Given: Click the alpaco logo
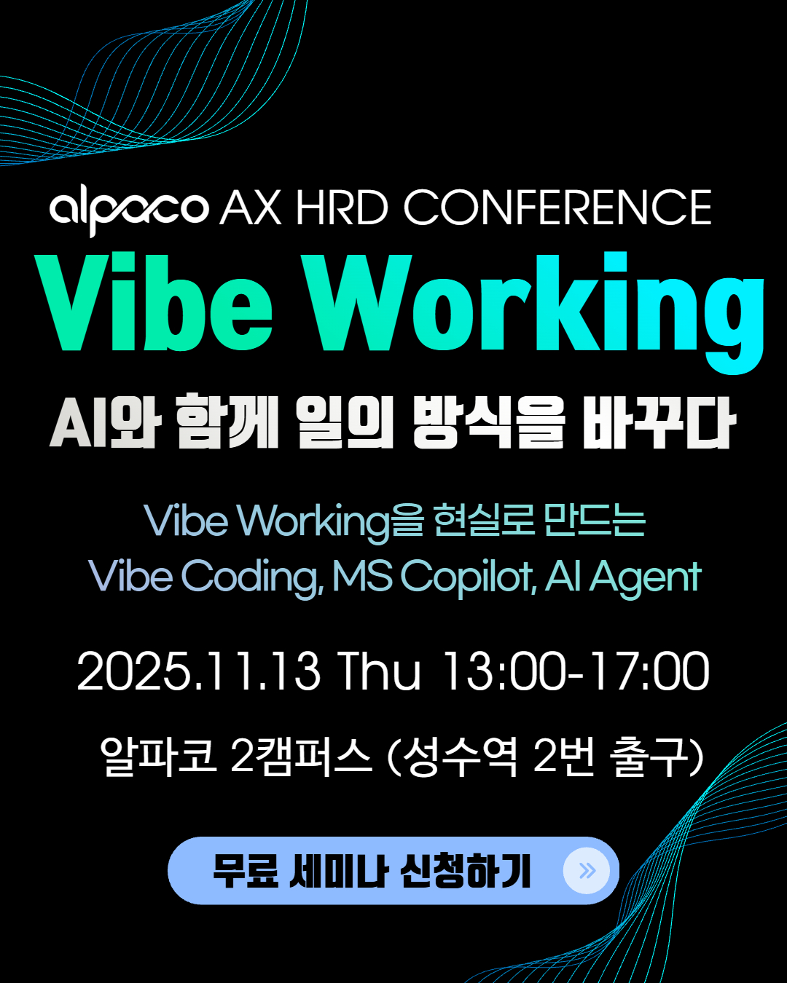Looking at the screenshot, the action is pos(129,211).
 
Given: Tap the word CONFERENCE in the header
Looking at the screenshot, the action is pos(557,208).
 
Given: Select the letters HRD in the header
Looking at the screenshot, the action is pos(342,208).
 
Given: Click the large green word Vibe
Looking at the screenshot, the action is pos(154,302).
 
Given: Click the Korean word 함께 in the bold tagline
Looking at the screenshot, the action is pos(227,421).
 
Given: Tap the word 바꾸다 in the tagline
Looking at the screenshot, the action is pos(659,421).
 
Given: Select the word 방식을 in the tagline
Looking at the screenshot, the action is pos(488,421).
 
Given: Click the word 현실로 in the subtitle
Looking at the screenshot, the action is pos(485,521).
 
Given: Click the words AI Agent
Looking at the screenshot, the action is pos(623,577).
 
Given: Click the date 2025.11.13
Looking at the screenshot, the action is pos(198,671).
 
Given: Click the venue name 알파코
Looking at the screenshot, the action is pos(158,756).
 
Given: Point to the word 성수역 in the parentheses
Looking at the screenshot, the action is pos(461,756).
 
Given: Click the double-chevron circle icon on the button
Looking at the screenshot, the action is pos(587,871).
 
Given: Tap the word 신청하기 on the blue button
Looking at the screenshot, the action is pos(465,871).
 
